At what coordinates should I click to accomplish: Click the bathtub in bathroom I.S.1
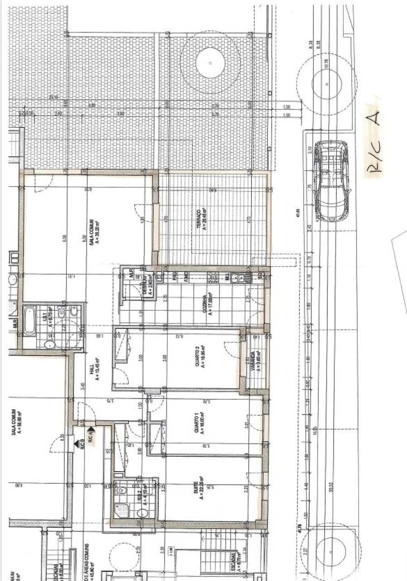click(x=30, y=320)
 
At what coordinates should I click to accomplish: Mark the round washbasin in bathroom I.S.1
click(x=49, y=345)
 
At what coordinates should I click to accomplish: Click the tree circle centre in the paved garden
click(x=210, y=64)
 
